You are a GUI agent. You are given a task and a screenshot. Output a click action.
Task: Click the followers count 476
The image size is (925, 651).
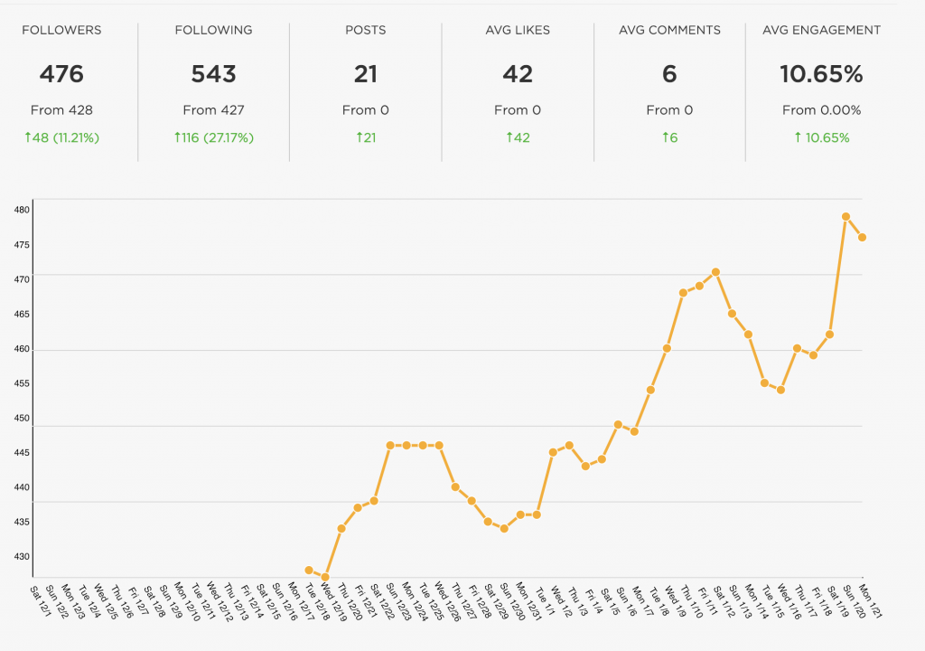[x=61, y=74]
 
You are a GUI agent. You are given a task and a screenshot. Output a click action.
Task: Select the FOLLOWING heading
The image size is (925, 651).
[x=213, y=30]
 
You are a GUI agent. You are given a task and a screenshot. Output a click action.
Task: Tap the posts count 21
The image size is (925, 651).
[x=365, y=74]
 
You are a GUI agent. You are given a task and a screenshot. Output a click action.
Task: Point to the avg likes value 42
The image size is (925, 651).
[x=518, y=74]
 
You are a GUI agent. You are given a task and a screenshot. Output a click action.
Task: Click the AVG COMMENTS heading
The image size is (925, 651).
[x=669, y=30]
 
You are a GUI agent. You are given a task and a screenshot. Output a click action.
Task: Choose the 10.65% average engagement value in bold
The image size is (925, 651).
[x=821, y=74]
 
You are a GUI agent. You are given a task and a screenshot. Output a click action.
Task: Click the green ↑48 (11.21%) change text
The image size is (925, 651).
[x=61, y=138]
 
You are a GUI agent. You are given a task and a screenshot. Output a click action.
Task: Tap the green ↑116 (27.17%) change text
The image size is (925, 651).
[x=213, y=138]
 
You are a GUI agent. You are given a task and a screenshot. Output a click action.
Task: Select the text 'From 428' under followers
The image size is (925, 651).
[x=61, y=110]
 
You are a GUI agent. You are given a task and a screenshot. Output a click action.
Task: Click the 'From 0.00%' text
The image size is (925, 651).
[x=821, y=110]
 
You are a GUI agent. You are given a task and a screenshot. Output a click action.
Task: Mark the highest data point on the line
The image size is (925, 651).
[x=846, y=217]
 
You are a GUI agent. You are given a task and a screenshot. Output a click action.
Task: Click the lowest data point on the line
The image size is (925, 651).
[x=325, y=577]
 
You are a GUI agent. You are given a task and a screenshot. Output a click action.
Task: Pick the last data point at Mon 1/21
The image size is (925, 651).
[x=863, y=237]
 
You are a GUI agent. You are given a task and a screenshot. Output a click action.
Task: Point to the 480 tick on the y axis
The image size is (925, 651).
[x=22, y=211]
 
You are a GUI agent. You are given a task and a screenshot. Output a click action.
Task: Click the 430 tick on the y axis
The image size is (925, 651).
[x=22, y=557]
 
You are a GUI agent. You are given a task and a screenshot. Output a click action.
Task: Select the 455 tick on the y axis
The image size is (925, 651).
[x=22, y=383]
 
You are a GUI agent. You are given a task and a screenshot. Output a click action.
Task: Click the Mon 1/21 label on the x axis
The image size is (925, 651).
[x=871, y=599]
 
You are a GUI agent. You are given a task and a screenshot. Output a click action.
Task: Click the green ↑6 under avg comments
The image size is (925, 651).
[x=669, y=138]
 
